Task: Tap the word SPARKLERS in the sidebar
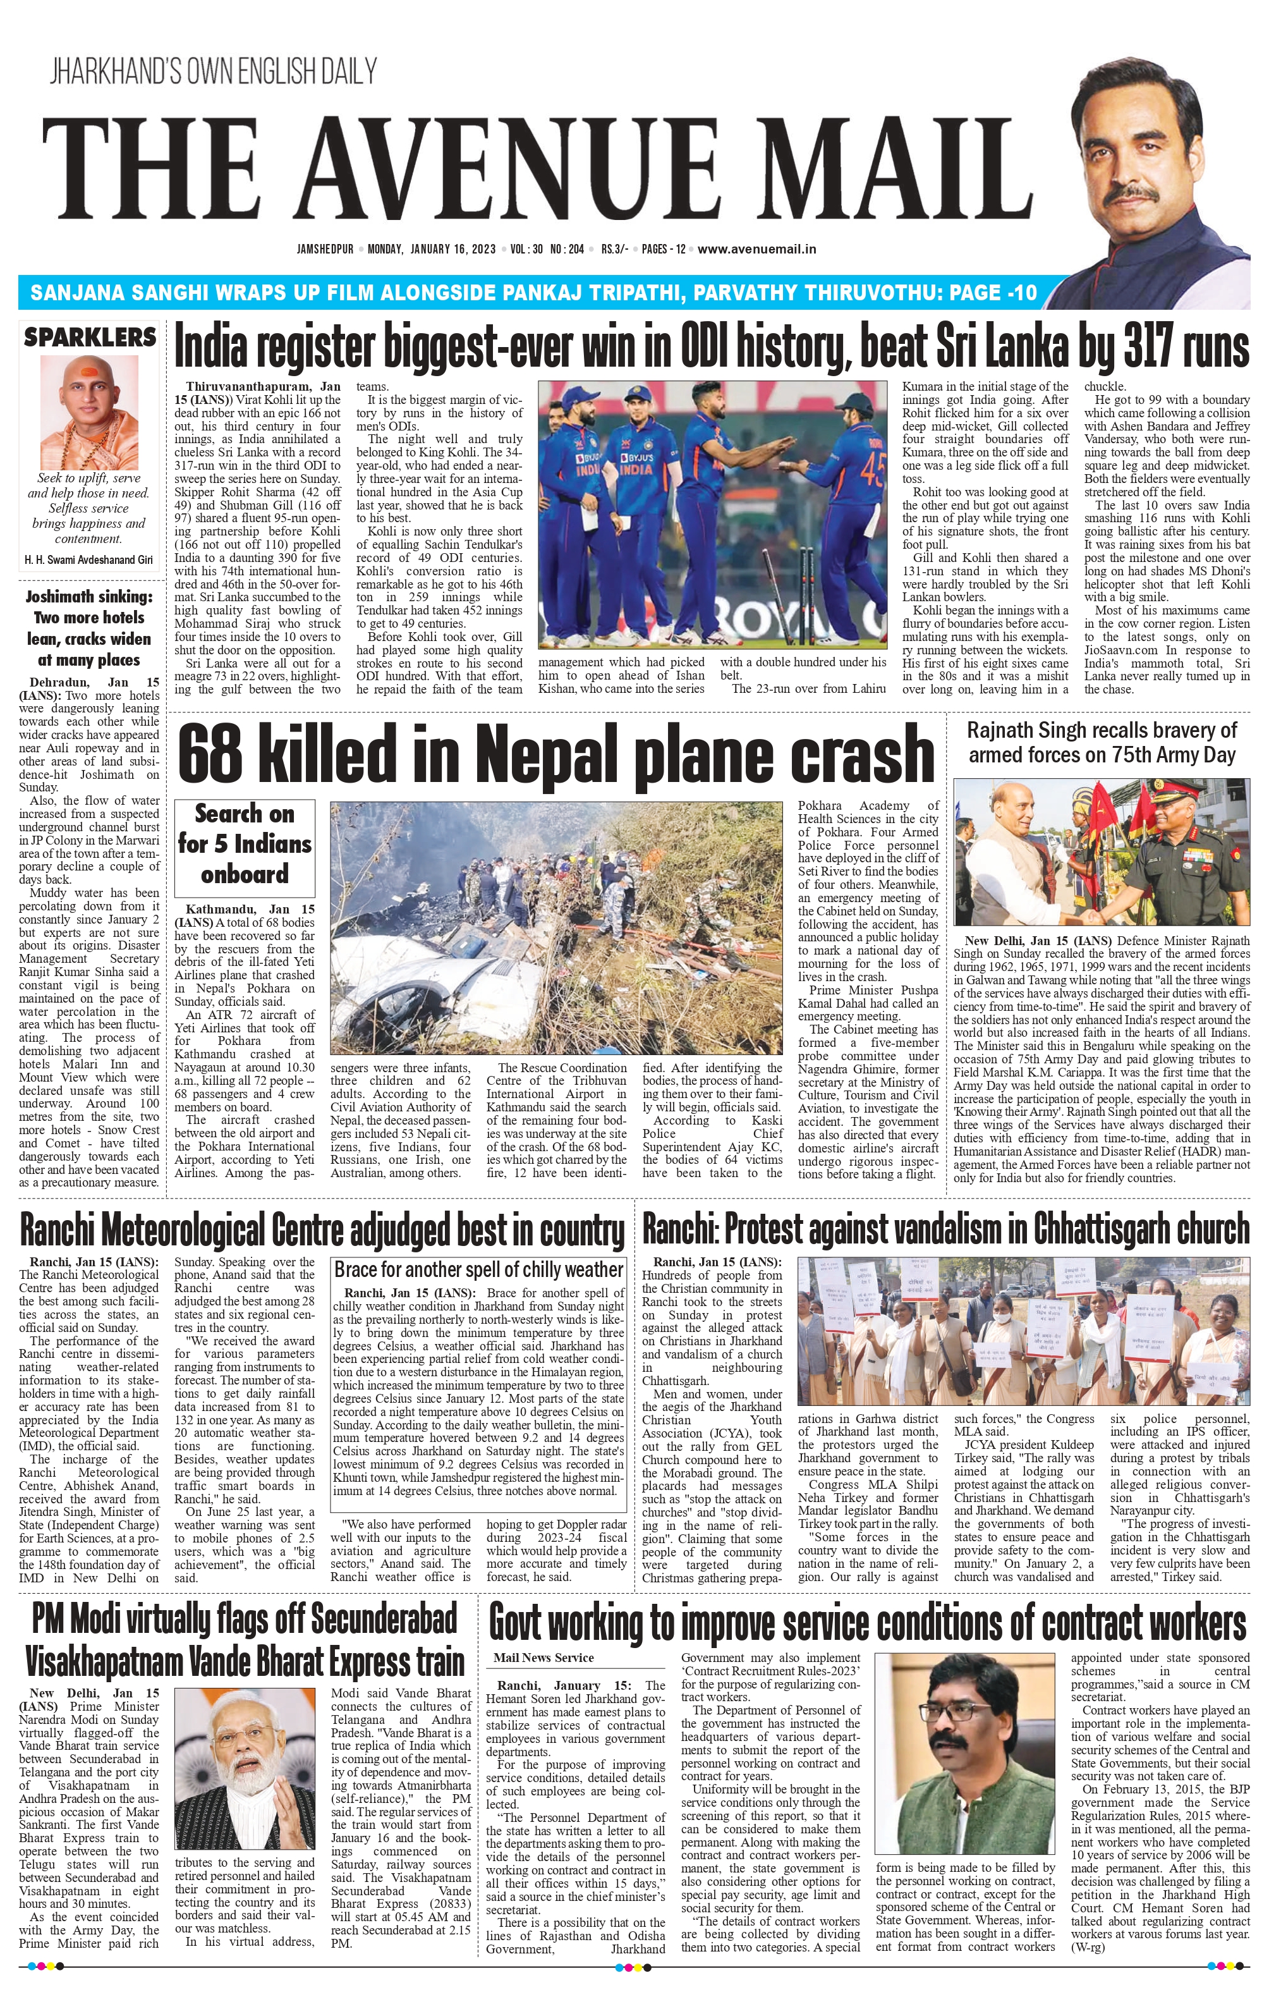90,338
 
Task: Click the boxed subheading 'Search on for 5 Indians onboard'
245,844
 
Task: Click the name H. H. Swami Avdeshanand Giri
90,559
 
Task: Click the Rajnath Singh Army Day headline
1101,742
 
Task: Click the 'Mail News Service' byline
543,1658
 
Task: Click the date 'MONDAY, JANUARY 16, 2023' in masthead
432,248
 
